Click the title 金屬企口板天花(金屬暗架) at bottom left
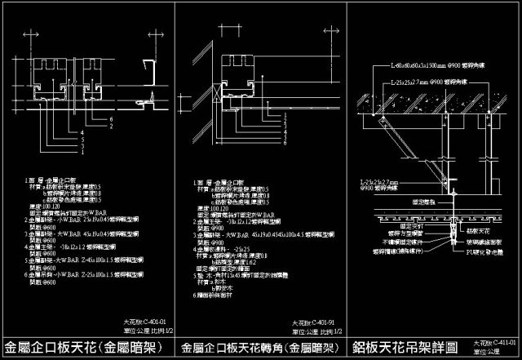point(85,347)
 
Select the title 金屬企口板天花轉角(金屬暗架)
point(259,347)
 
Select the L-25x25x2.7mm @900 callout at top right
point(431,82)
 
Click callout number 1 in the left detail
point(104,149)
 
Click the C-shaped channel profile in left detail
point(150,71)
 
